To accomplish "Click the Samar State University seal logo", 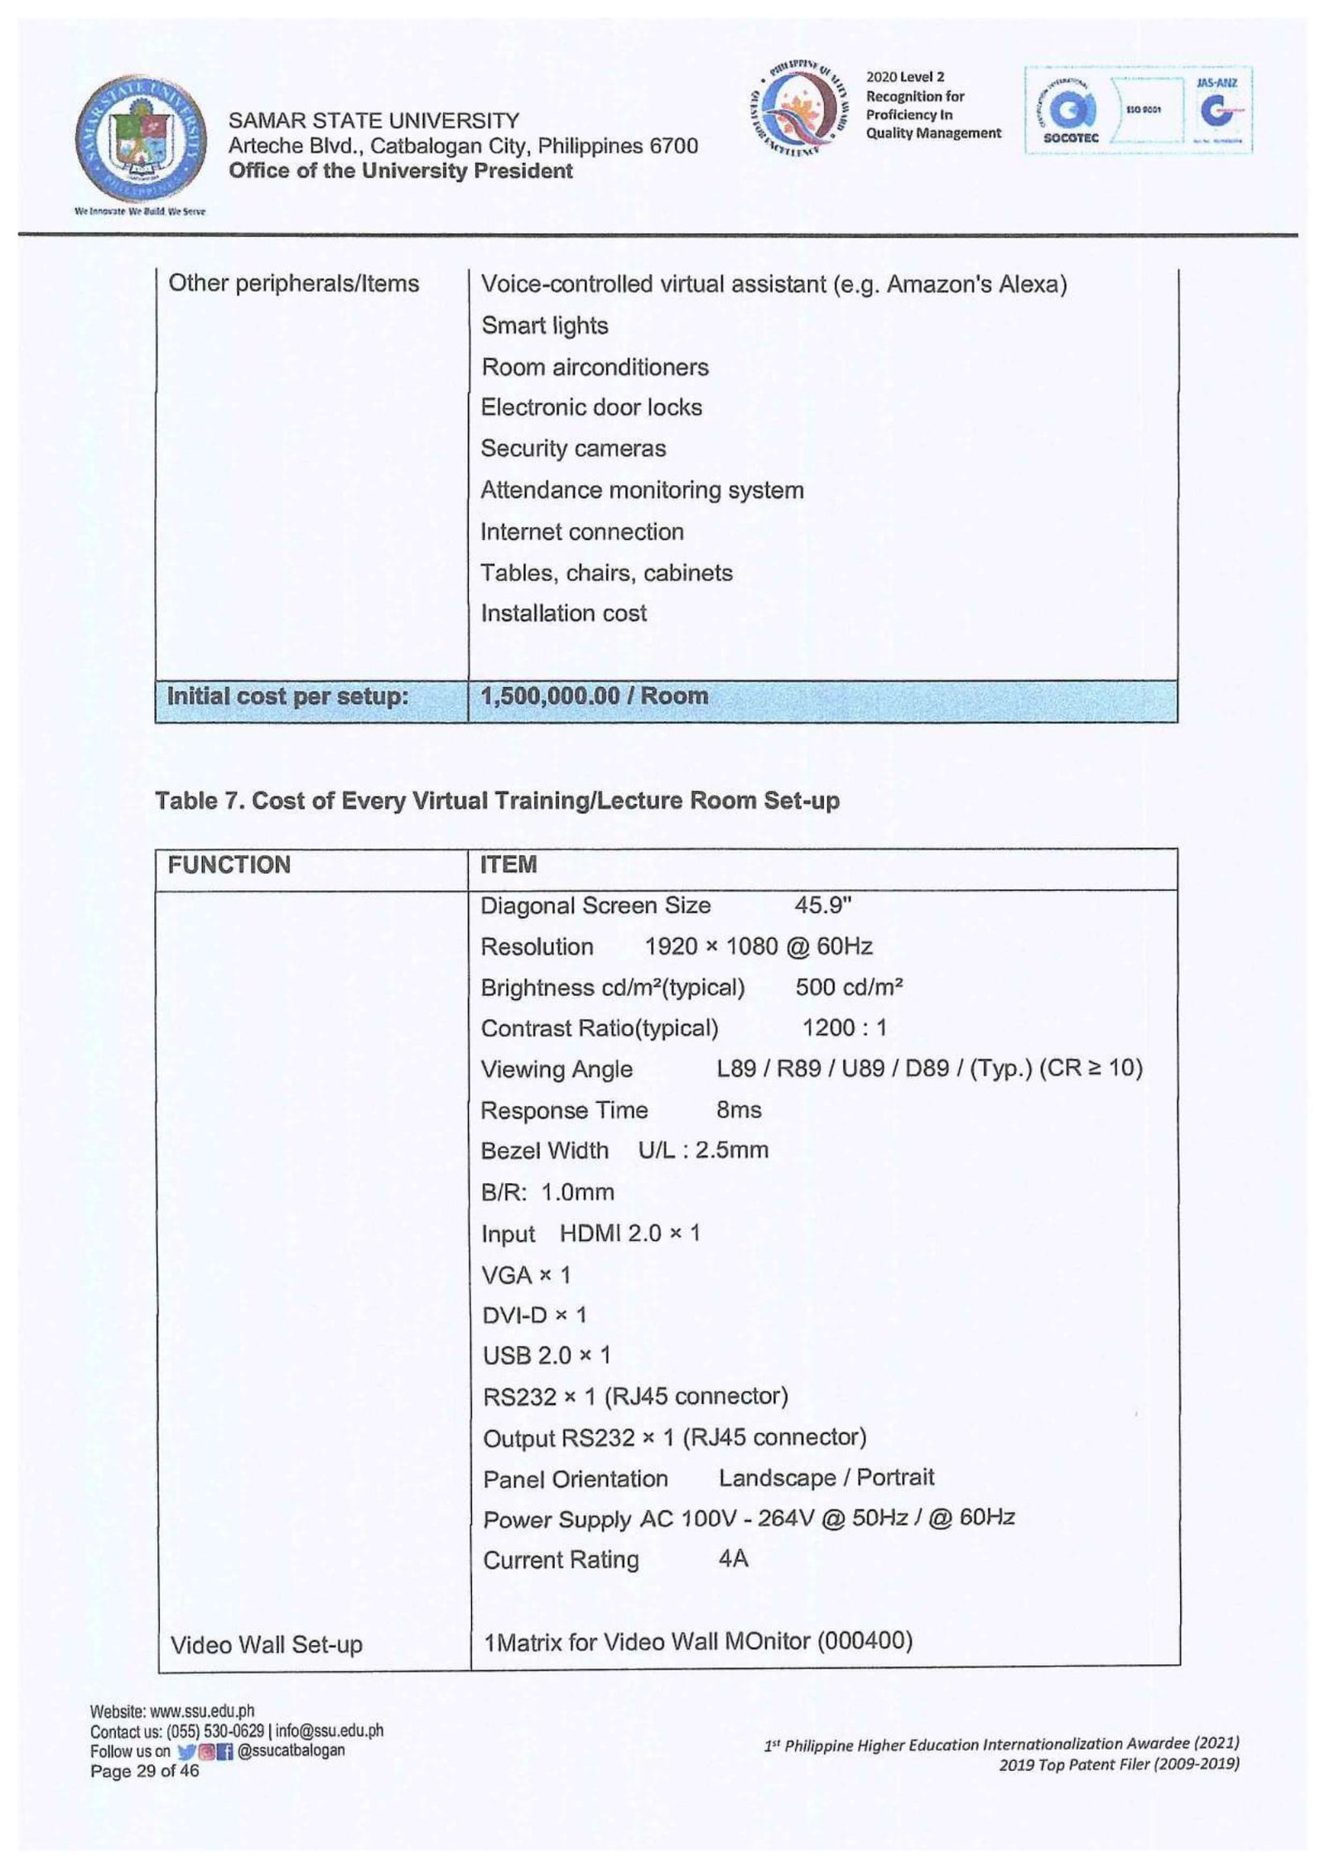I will tap(140, 141).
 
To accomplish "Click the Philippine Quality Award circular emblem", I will tap(799, 108).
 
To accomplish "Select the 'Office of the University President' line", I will tap(400, 171).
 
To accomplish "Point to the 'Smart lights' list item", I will tap(544, 325).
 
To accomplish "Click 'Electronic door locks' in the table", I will tap(590, 407).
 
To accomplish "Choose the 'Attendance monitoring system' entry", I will tap(642, 490).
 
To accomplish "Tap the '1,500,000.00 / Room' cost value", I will tap(594, 695).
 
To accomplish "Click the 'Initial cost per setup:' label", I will tap(287, 696).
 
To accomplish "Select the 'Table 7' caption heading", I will tap(497, 801).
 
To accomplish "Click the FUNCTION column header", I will tap(229, 865).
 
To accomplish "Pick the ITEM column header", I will tap(508, 865).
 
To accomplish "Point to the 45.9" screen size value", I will tap(822, 905).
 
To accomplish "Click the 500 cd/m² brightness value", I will tap(848, 987).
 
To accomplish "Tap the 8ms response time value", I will tap(739, 1109).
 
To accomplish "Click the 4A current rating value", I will tap(733, 1559).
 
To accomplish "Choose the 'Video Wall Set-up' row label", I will tap(266, 1644).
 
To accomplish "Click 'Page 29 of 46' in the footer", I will tap(144, 1771).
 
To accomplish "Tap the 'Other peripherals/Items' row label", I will tap(293, 283).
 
